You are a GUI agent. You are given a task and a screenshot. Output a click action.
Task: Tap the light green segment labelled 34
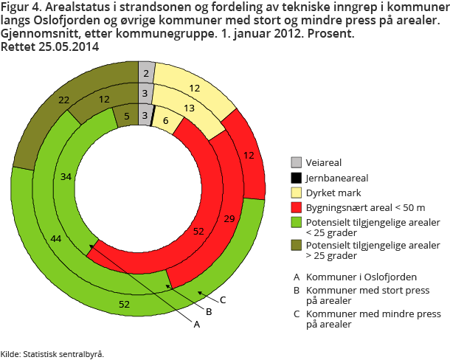(x=66, y=177)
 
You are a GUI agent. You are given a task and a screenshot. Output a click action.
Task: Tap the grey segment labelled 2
(x=146, y=72)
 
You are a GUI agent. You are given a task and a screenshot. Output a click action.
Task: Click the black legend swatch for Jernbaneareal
(x=297, y=178)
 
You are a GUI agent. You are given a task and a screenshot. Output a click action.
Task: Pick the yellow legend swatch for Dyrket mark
(x=297, y=193)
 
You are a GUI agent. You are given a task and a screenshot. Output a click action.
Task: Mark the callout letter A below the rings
(x=196, y=323)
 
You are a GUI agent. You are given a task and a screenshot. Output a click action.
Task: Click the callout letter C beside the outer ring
(x=223, y=300)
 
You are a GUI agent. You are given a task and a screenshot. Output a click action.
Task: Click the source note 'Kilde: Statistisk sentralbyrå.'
(x=52, y=354)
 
